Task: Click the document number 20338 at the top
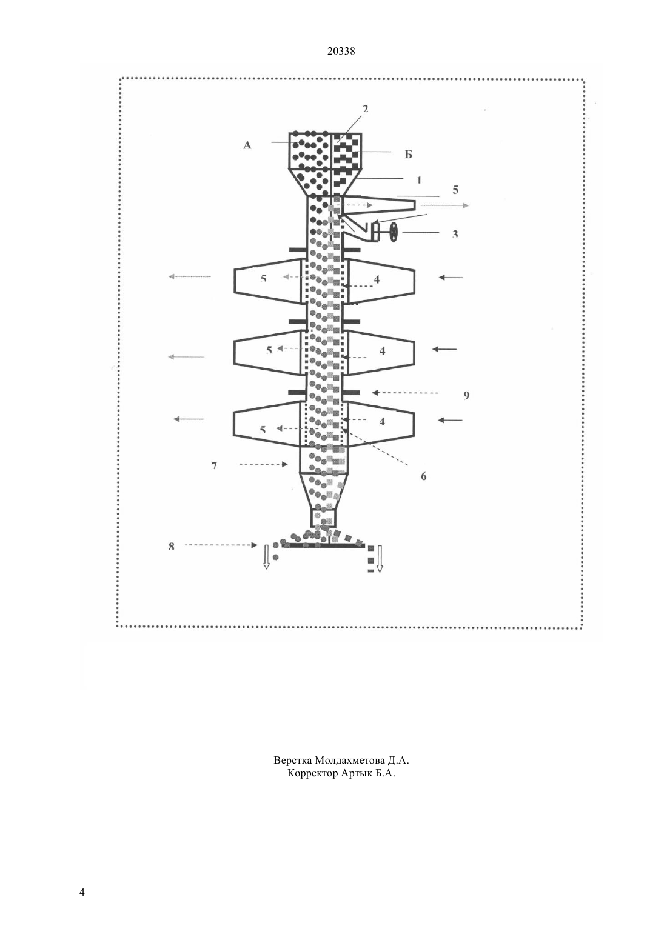pyautogui.click(x=341, y=52)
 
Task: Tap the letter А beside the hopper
pyautogui.click(x=247, y=145)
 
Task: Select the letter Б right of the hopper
pyautogui.click(x=408, y=155)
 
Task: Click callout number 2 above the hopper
pyautogui.click(x=365, y=108)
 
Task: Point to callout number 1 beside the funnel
pyautogui.click(x=419, y=180)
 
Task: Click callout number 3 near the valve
pyautogui.click(x=455, y=234)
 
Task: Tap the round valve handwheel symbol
pyautogui.click(x=394, y=232)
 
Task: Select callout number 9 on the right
pyautogui.click(x=466, y=395)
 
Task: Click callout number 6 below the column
pyautogui.click(x=423, y=476)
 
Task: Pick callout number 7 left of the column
pyautogui.click(x=214, y=465)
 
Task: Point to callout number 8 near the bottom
pyautogui.click(x=172, y=547)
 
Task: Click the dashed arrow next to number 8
pyautogui.click(x=221, y=545)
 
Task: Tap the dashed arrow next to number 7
pyautogui.click(x=263, y=464)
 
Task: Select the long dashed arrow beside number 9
pyautogui.click(x=405, y=392)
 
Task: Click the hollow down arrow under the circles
pyautogui.click(x=266, y=557)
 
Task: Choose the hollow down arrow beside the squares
pyautogui.click(x=380, y=558)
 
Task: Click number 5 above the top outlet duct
pyautogui.click(x=455, y=190)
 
